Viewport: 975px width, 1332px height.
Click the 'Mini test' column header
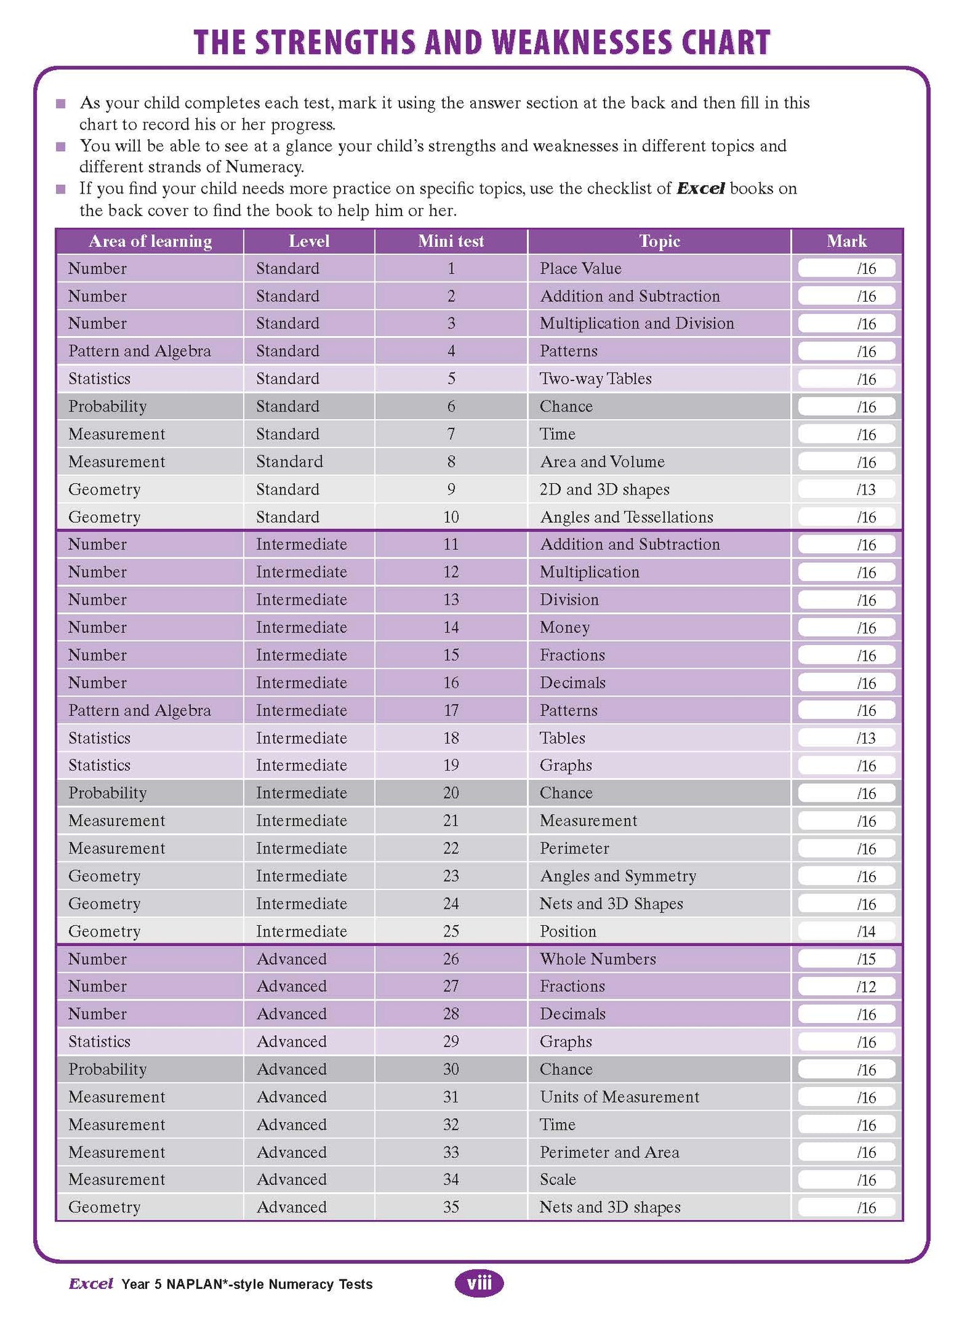click(451, 242)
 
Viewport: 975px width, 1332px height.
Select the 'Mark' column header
click(846, 242)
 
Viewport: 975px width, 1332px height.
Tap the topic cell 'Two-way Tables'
click(595, 379)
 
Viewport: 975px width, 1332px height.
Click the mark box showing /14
click(846, 931)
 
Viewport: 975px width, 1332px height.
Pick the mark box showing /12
click(846, 987)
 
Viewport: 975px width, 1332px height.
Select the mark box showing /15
click(846, 959)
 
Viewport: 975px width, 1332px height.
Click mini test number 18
click(451, 738)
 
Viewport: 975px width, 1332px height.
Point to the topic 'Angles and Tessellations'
click(626, 517)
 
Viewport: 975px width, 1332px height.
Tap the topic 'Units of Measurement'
click(619, 1097)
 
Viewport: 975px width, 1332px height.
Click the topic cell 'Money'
click(564, 628)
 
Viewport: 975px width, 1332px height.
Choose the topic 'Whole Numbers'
click(597, 959)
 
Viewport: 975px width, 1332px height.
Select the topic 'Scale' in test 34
click(557, 1180)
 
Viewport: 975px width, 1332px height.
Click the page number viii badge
click(479, 1283)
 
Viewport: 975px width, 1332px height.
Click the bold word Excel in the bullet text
click(700, 189)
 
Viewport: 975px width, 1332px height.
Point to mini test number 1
click(451, 269)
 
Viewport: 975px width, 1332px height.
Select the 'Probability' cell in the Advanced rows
click(107, 1070)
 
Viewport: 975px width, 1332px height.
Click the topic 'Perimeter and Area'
click(609, 1153)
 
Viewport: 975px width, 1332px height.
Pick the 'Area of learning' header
click(150, 242)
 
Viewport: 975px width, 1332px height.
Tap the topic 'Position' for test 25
click(567, 931)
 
